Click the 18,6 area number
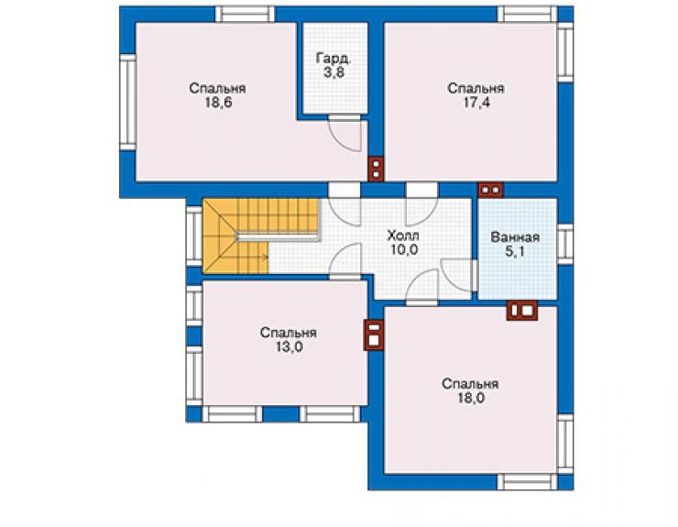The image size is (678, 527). [218, 104]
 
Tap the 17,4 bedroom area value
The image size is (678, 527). [476, 104]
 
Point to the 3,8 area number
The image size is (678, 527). [334, 72]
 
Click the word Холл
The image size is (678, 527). [403, 236]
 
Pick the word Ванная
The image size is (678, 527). [515, 237]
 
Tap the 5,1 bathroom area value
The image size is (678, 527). [515, 251]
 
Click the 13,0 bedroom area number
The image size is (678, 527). [289, 347]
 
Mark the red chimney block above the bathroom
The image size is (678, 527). [490, 190]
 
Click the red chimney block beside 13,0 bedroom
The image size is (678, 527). [374, 335]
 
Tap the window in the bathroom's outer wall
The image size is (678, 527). [565, 244]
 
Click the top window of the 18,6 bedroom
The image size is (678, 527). [245, 14]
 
